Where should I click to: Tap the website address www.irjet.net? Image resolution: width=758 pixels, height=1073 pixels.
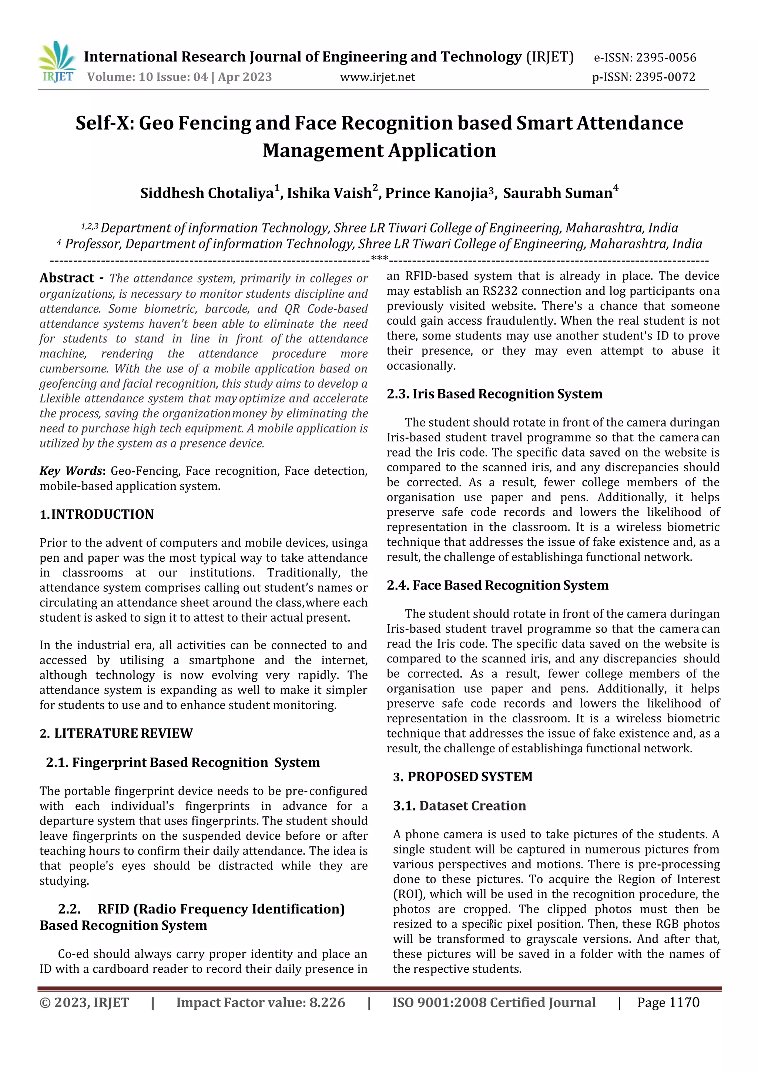(378, 77)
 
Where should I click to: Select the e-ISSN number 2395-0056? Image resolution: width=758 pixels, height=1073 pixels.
(666, 58)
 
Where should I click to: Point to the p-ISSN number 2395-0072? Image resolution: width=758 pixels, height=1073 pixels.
(665, 77)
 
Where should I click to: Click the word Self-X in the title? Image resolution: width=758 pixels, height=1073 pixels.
(105, 123)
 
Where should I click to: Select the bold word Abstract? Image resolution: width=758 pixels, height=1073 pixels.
(67, 278)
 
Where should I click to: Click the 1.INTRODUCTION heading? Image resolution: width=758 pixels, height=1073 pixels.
(97, 514)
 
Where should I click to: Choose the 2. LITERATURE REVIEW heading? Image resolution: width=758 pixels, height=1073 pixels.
(116, 733)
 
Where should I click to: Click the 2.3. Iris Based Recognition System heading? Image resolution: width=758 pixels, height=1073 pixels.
(494, 394)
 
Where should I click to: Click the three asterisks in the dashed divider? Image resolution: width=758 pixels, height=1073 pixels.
(379, 258)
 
